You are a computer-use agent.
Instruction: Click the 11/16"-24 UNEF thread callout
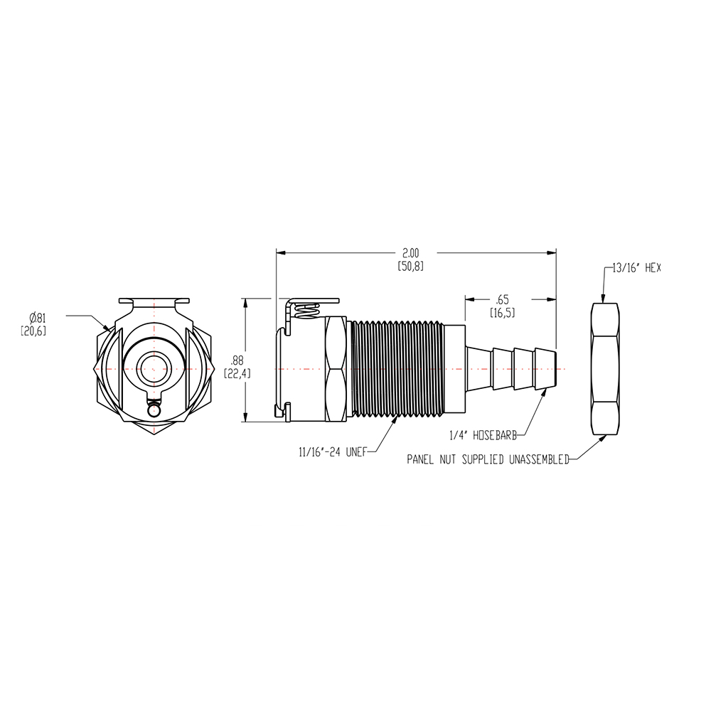[331, 451]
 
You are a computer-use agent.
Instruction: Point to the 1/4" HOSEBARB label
[483, 432]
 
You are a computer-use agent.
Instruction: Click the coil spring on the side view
[307, 310]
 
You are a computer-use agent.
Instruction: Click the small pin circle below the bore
[154, 410]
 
